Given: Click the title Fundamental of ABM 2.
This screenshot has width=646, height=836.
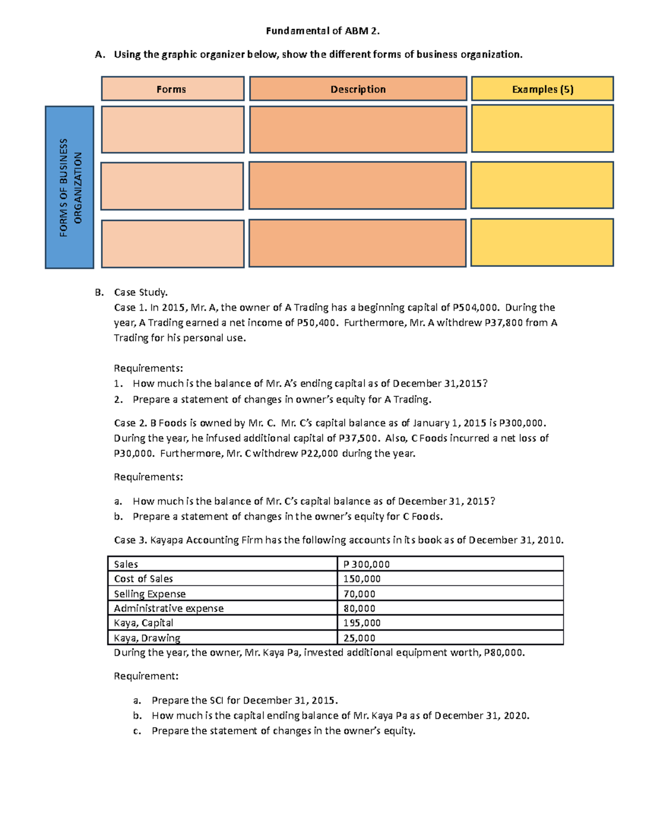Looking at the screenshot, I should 322,31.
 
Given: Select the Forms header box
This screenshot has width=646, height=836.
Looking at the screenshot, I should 172,89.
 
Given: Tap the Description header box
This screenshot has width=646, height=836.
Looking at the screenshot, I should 358,89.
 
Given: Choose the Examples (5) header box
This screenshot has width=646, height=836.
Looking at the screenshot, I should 542,89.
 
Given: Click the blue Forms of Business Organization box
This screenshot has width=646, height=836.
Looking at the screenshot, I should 69,187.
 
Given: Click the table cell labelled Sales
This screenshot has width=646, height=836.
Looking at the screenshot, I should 126,564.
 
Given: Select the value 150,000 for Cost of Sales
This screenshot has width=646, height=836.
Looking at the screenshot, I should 362,579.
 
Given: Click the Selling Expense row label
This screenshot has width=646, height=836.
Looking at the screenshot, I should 150,594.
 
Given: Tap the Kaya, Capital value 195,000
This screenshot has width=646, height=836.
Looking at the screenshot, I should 362,623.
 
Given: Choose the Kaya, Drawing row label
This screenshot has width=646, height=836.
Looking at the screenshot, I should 147,638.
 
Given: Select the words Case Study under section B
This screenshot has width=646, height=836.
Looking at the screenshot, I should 141,292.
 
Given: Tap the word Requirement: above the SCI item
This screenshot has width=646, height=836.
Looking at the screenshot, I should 146,676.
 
